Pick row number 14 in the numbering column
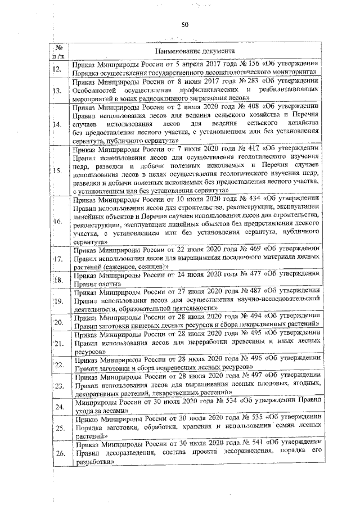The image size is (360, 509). tap(57, 124)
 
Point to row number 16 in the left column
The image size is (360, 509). tap(57, 221)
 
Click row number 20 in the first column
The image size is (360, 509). tap(57, 322)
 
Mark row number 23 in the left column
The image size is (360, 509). tap(57, 386)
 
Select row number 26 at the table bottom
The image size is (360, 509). tap(57, 454)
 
